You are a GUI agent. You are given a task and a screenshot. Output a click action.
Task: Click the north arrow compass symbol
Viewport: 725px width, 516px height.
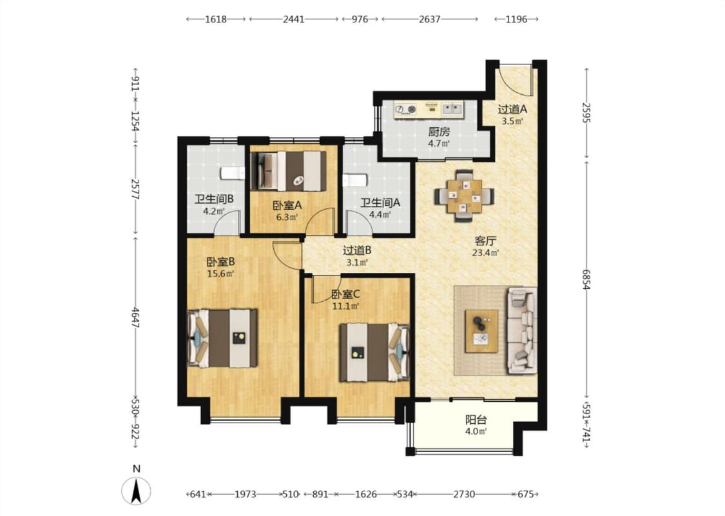(136, 491)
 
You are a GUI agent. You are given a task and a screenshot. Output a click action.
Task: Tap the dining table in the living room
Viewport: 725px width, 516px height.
(464, 197)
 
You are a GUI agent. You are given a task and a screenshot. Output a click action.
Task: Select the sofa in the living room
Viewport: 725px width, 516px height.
(522, 330)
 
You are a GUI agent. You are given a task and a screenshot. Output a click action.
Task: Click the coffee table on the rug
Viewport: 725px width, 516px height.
(481, 332)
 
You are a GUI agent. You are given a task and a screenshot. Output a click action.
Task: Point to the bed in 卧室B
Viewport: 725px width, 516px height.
(222, 338)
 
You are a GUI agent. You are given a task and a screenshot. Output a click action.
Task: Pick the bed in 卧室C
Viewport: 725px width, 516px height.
(374, 353)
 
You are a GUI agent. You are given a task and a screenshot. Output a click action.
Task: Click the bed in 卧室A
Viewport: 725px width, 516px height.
(288, 171)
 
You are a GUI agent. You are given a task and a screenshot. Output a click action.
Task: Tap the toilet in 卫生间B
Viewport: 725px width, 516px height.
(232, 173)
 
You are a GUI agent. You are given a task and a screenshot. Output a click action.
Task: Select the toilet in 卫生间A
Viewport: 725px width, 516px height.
(354, 179)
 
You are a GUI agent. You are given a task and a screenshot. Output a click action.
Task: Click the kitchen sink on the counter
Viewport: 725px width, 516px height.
(452, 109)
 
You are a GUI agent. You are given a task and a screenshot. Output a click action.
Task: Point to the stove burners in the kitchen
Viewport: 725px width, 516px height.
(405, 109)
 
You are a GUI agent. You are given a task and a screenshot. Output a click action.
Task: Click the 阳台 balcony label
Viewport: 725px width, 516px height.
(476, 420)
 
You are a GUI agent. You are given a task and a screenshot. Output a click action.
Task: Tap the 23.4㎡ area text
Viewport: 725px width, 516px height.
(485, 253)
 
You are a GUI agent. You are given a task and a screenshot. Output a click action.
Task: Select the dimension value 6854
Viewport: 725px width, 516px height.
(586, 279)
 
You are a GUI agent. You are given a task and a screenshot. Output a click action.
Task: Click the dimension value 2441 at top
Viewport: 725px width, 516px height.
(294, 19)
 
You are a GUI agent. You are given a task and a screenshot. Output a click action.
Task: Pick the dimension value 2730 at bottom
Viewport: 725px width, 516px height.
(464, 494)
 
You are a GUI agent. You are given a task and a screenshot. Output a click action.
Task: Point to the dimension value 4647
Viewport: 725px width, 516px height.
(135, 317)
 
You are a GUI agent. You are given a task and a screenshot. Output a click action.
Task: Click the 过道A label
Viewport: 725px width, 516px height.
(512, 109)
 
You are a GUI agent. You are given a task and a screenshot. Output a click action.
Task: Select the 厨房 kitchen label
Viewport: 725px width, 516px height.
(439, 132)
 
